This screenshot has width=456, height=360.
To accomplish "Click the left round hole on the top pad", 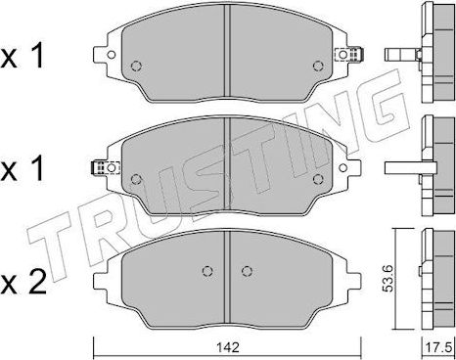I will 136,67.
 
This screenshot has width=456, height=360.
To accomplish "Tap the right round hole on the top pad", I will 317,67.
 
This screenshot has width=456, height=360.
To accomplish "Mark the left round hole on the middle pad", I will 136,178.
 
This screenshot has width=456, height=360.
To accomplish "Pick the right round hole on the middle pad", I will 317,178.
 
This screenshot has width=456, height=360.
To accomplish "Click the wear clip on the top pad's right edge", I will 359,56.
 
